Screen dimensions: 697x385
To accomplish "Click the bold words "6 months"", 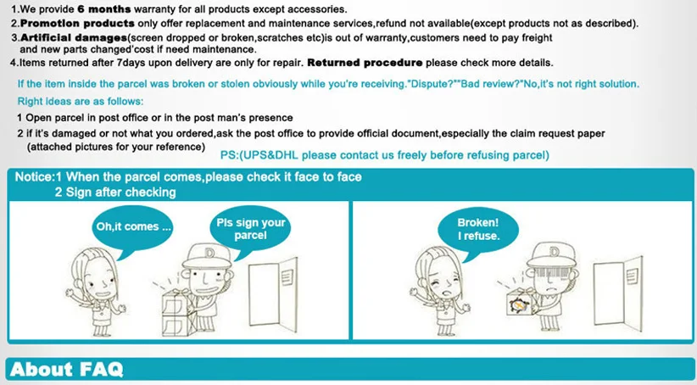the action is click(104, 8).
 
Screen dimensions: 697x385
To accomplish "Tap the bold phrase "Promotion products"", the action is click(77, 23).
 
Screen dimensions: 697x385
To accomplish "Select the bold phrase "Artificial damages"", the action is click(74, 38).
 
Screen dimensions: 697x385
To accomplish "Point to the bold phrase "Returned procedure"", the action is click(365, 63).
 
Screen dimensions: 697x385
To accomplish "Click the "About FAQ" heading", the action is click(66, 369).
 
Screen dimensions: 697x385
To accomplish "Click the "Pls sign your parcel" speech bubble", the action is click(250, 232).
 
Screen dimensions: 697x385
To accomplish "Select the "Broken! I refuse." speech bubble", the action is click(478, 232).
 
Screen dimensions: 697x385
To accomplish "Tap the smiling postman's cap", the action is click(208, 256).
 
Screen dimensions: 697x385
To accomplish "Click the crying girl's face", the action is click(445, 284).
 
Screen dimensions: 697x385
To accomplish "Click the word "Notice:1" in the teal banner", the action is click(38, 177).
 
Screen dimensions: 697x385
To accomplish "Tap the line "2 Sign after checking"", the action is click(115, 192).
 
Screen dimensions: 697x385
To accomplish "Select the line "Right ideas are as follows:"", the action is click(81, 102).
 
